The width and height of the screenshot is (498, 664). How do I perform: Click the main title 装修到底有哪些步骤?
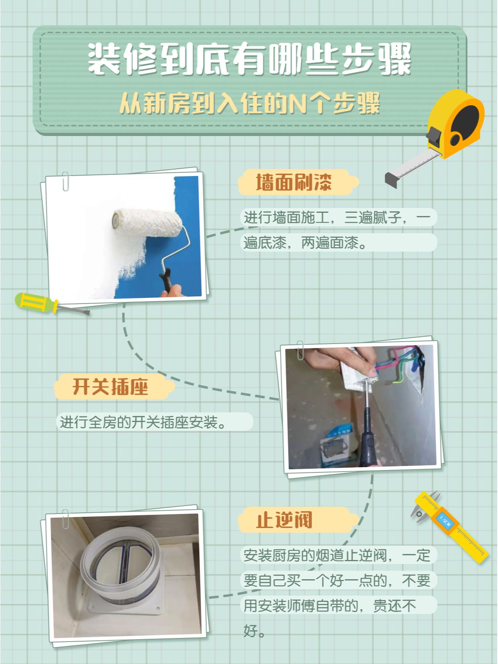click(250, 59)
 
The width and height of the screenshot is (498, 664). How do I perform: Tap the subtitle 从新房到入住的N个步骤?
click(250, 104)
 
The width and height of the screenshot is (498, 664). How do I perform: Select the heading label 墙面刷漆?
click(294, 182)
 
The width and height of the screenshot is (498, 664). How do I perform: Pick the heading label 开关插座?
click(110, 387)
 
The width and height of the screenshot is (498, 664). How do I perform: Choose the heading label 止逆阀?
click(284, 520)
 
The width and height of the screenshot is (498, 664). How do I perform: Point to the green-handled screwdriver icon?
click(52, 304)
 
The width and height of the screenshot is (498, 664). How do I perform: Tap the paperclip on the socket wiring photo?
click(300, 350)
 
